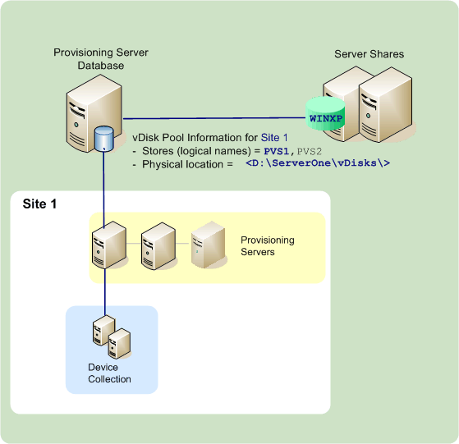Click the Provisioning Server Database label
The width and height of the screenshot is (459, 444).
pos(100,58)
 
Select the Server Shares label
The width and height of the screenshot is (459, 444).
pos(369,54)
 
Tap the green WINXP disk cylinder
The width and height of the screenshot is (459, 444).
pos(324,117)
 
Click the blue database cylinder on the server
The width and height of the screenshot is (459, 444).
pos(103,139)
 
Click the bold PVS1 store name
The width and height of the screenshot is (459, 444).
pos(278,152)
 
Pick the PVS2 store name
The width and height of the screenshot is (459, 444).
pos(311,152)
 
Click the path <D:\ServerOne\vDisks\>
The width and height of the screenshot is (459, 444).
pos(317,164)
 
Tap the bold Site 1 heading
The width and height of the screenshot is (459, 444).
pos(40,203)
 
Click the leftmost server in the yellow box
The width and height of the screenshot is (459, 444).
pos(108,245)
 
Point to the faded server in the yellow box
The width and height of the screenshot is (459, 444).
pos(204,245)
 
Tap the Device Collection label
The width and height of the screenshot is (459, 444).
pos(109,373)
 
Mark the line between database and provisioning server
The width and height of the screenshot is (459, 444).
pos(104,189)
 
